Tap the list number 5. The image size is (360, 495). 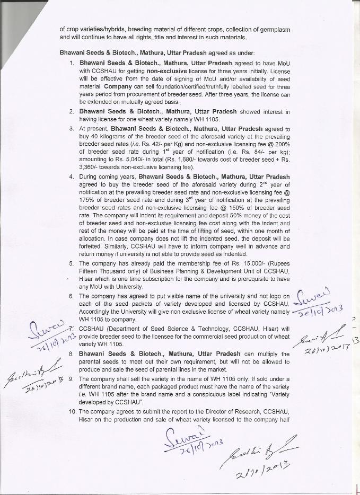[72, 263]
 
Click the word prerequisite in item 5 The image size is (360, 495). [245, 279]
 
